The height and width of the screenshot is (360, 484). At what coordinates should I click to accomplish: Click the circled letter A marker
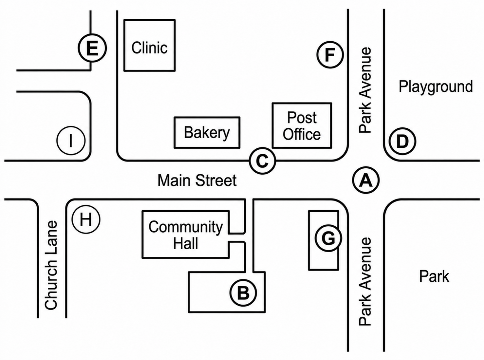tap(366, 180)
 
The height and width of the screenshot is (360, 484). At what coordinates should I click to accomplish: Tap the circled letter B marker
tap(243, 293)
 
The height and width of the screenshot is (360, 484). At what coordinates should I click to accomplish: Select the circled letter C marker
tap(263, 161)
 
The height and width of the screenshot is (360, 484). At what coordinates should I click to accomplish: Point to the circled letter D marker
tap(402, 141)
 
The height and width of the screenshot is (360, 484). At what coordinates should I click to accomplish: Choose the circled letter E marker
tap(92, 48)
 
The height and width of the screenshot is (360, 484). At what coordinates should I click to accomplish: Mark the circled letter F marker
tap(330, 55)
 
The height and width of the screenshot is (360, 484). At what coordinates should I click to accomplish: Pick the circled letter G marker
tap(328, 238)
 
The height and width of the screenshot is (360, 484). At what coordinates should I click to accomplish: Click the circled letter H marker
tap(86, 219)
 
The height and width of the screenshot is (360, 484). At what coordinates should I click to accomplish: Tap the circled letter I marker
tap(71, 141)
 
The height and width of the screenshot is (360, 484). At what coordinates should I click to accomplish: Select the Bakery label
tap(207, 133)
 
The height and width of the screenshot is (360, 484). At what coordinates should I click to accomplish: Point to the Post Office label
tap(302, 126)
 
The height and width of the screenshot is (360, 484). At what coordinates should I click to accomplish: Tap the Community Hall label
tap(186, 235)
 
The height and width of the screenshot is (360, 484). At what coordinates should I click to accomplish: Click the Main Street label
tap(197, 180)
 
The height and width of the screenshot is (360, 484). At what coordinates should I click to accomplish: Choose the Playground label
tap(436, 87)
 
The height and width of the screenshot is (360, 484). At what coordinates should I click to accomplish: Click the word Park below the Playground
tap(434, 276)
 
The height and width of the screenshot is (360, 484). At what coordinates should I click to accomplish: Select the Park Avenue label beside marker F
tap(365, 90)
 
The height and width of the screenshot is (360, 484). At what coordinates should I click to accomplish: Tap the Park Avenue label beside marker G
tap(365, 282)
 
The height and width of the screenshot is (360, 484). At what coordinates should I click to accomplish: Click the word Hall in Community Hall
tap(186, 243)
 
